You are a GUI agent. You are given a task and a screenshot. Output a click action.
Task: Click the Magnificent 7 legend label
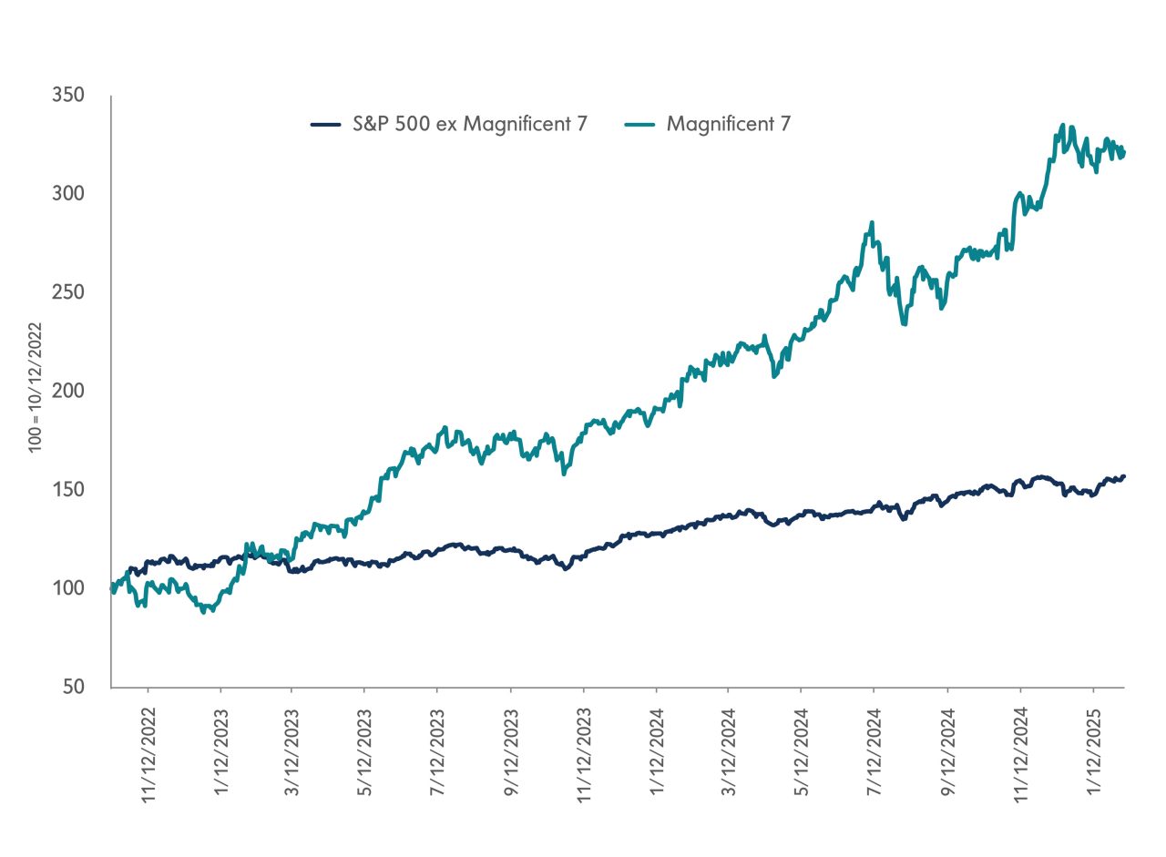[728, 123]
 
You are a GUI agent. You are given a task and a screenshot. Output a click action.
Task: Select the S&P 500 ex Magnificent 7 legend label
[470, 123]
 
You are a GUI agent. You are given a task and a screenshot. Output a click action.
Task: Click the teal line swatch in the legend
[640, 124]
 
